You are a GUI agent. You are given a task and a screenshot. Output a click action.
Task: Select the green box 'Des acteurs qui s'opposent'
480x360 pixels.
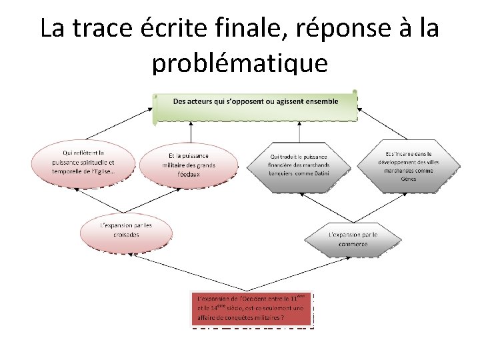pyautogui.click(x=256, y=107)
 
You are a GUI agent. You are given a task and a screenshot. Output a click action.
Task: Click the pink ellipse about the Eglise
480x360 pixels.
pyautogui.click(x=83, y=162)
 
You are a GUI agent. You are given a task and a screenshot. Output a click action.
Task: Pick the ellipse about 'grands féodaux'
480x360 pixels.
pyautogui.click(x=189, y=164)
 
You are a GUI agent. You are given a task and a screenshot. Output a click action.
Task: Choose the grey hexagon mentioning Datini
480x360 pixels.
pyautogui.click(x=299, y=164)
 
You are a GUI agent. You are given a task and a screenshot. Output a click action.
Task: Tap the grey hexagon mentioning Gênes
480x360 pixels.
pyautogui.click(x=409, y=162)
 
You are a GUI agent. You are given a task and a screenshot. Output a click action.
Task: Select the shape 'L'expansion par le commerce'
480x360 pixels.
pyautogui.click(x=353, y=239)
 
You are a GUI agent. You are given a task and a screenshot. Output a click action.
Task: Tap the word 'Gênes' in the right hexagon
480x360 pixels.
pyautogui.click(x=409, y=179)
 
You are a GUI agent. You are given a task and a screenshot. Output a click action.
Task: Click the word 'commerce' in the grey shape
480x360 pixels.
pyautogui.click(x=353, y=244)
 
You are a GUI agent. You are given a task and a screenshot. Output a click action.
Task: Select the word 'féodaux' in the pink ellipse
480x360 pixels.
pyautogui.click(x=189, y=174)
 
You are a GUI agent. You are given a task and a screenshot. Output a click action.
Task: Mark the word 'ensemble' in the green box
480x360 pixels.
pyautogui.click(x=319, y=101)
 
